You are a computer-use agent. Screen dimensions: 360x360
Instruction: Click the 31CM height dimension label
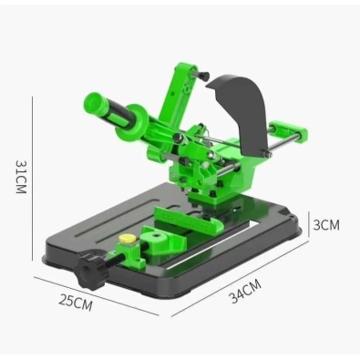[22, 177]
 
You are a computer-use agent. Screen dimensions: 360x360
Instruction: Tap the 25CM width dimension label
[75, 303]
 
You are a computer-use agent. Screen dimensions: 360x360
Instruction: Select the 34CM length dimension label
[245, 292]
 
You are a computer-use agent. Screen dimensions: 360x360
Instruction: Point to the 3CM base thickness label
[326, 225]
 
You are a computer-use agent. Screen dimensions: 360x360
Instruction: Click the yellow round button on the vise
[128, 239]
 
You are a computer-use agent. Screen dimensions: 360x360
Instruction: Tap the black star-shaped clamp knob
[91, 269]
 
